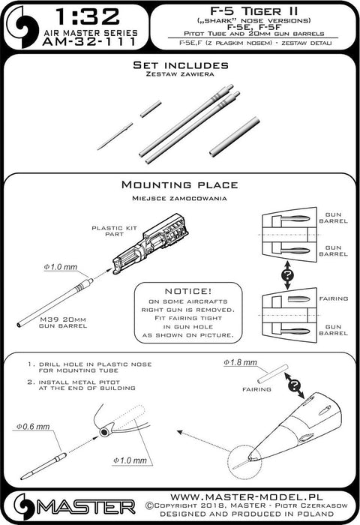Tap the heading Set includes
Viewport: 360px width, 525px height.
coord(179,65)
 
